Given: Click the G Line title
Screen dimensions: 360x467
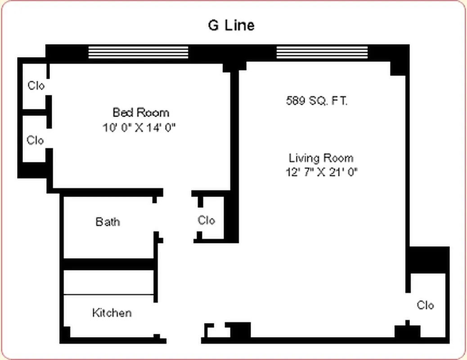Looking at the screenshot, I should pyautogui.click(x=231, y=25).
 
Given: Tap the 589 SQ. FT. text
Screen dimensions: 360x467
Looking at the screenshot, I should pyautogui.click(x=317, y=101).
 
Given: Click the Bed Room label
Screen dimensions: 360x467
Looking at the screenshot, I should pyautogui.click(x=141, y=112).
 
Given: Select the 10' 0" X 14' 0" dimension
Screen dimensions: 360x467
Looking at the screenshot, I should pyautogui.click(x=139, y=127).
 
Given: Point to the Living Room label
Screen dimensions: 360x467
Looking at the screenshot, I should pyautogui.click(x=321, y=158).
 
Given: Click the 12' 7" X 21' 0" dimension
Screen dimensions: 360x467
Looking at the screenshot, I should pyautogui.click(x=318, y=172).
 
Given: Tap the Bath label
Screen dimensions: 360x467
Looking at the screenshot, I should pyautogui.click(x=108, y=221).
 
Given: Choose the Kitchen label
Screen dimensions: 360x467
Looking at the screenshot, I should pyautogui.click(x=112, y=312).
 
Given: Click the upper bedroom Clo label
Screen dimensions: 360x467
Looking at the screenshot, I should pyautogui.click(x=36, y=85).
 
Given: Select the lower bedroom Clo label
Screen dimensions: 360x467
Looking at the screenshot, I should pyautogui.click(x=35, y=140).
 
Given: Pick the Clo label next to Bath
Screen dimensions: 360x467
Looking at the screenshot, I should pyautogui.click(x=207, y=220).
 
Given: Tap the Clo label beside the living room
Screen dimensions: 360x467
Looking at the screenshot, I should pyautogui.click(x=425, y=305).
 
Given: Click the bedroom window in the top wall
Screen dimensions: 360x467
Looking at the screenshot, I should pyautogui.click(x=138, y=52).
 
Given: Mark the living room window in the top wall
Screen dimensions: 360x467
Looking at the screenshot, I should pyautogui.click(x=322, y=52).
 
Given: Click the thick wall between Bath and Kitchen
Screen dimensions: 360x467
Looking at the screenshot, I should pyautogui.click(x=108, y=264).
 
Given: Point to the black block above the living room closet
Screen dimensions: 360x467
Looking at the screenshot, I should pyautogui.click(x=429, y=260).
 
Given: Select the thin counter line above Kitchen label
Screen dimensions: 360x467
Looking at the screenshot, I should pyautogui.click(x=109, y=295).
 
